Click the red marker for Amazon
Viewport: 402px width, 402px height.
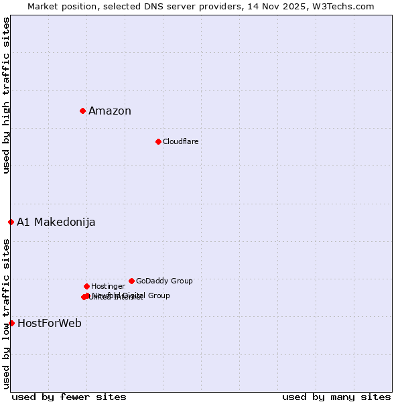point(82,111)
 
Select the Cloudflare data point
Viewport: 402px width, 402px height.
point(158,141)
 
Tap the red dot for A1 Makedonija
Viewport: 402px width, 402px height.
point(11,222)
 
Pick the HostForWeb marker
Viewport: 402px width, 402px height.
point(11,323)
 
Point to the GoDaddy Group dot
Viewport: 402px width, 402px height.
point(131,281)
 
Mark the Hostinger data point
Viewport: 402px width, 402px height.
point(86,286)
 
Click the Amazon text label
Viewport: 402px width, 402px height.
point(110,111)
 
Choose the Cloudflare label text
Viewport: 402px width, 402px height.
point(180,142)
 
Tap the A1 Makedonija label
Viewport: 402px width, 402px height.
point(56,222)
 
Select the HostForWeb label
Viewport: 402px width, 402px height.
point(50,324)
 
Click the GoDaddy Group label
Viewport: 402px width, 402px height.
point(164,281)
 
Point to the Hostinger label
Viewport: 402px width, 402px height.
point(108,287)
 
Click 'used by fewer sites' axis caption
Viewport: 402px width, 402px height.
point(69,397)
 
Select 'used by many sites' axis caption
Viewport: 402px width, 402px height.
point(336,397)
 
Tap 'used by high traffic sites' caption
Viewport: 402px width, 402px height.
point(6,95)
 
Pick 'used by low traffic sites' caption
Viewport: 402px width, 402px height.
point(6,314)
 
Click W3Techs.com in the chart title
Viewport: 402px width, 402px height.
point(346,6)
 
